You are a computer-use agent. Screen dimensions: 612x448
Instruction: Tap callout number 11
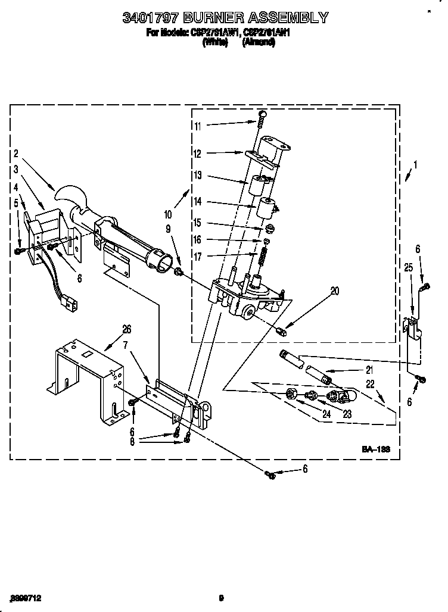[198, 126]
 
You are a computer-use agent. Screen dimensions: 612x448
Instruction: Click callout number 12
[198, 154]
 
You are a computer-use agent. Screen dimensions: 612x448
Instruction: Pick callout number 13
[198, 175]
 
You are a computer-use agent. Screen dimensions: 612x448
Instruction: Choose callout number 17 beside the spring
[198, 257]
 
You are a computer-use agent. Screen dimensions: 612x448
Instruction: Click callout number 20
[334, 291]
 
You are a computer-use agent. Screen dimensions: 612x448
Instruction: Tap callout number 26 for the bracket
[126, 329]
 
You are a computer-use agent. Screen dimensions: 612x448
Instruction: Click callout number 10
[168, 214]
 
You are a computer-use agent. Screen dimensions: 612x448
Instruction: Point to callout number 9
[168, 229]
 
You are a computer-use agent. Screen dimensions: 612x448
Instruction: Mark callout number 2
[16, 154]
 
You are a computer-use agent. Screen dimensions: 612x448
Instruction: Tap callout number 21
[369, 370]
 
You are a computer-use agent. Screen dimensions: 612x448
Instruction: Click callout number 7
[126, 346]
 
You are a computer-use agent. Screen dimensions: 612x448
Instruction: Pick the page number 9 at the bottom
[220, 598]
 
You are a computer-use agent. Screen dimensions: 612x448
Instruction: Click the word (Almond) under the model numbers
[260, 43]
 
